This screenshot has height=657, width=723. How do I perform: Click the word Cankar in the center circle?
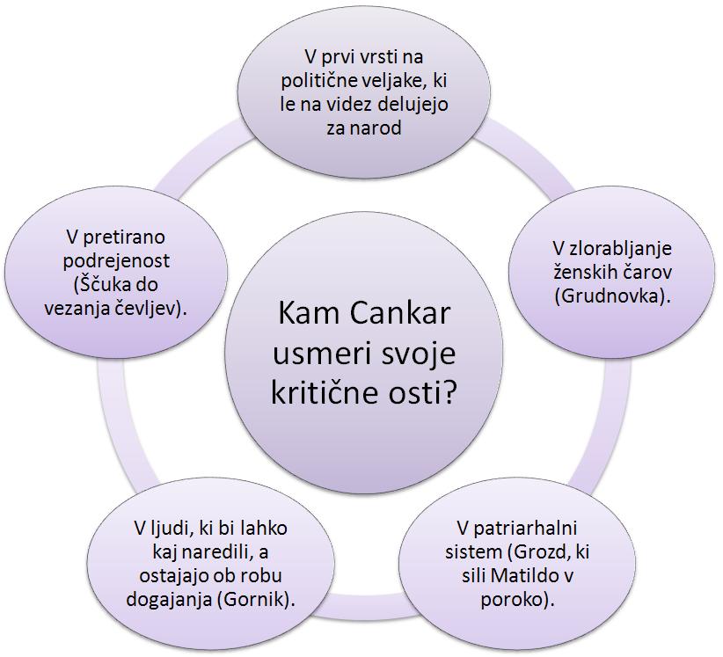tap(399, 313)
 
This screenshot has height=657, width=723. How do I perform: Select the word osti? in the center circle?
tap(426, 392)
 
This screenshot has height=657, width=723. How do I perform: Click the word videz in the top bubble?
tap(352, 104)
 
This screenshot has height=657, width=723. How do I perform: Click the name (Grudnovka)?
tap(612, 296)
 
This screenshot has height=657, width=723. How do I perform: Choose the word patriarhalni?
tap(525, 529)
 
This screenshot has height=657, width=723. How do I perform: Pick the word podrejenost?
tap(116, 261)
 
